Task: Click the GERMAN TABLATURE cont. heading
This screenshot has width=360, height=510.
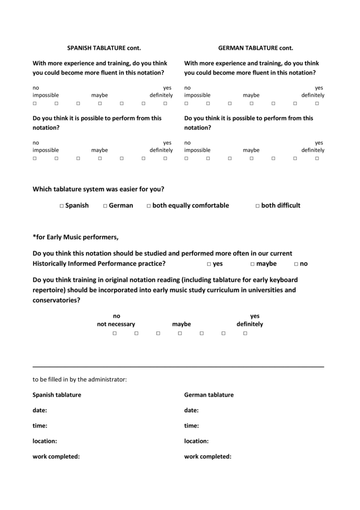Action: click(255, 48)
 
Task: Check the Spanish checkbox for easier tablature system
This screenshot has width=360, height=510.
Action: click(62, 206)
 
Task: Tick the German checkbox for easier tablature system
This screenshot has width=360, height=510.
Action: click(105, 206)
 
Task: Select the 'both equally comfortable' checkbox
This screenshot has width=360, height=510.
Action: click(148, 206)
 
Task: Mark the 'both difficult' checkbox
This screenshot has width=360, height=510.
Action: click(257, 206)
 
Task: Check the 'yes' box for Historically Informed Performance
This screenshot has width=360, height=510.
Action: click(209, 264)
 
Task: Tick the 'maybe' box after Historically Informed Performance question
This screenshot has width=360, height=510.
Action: click(252, 264)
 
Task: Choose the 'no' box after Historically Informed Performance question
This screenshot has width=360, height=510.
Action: click(296, 264)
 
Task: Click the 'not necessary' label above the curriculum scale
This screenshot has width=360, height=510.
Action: click(116, 324)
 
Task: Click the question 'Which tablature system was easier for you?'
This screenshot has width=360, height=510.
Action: click(101, 189)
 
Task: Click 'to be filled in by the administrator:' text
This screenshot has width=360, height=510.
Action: click(80, 380)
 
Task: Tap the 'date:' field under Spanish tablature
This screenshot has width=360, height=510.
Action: click(40, 410)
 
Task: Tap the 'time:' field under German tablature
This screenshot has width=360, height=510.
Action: click(191, 425)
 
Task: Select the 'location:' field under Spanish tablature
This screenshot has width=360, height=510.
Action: click(45, 441)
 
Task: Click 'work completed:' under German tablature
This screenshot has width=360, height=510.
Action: click(207, 456)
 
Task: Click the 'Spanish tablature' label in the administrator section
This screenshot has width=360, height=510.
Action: click(57, 395)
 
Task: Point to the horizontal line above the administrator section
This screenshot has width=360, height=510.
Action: click(178, 367)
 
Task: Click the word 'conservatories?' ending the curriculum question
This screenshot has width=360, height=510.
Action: click(56, 300)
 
